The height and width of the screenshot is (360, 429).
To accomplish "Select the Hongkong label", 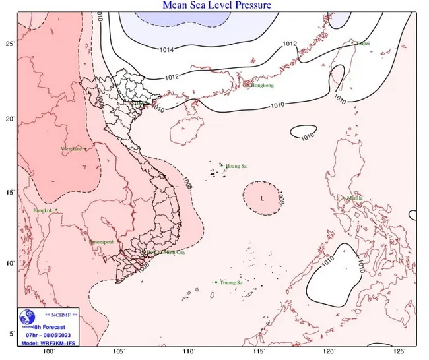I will [262, 85].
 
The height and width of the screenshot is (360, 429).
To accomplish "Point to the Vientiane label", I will [71, 149].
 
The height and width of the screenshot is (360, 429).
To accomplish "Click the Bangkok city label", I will [42, 210].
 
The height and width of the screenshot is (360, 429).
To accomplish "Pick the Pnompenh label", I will [102, 242].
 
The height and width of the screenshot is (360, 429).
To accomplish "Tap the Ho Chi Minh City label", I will [163, 252].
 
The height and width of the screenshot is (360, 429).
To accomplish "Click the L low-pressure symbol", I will [263, 198].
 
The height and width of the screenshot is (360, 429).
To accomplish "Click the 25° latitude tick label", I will [10, 44].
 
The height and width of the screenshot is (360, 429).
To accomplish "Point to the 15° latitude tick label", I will [10, 193].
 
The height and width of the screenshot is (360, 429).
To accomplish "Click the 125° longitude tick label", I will [401, 351].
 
